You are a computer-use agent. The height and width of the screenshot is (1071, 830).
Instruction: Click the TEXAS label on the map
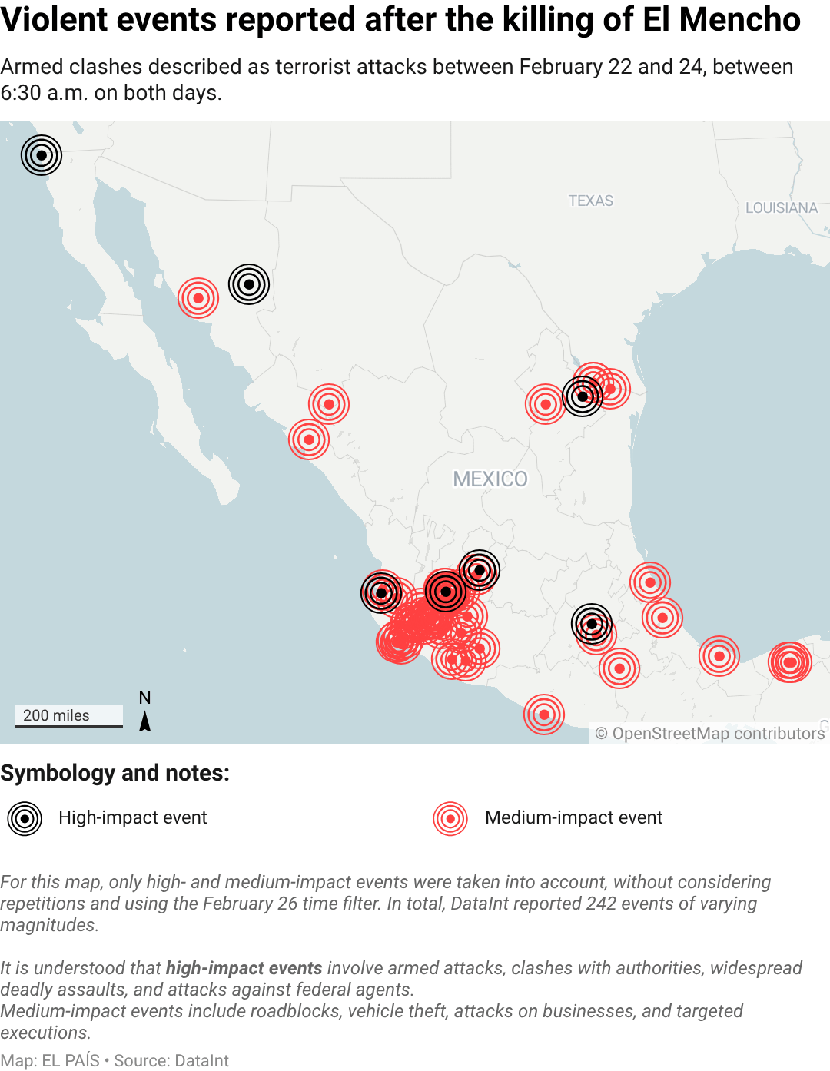tap(590, 201)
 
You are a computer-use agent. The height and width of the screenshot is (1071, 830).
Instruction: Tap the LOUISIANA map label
tap(781, 207)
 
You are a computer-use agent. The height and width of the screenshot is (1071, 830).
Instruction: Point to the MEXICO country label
tap(490, 479)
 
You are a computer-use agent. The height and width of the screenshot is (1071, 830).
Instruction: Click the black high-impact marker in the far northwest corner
tap(41, 155)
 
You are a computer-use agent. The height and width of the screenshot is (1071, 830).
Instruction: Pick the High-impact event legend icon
tap(25, 819)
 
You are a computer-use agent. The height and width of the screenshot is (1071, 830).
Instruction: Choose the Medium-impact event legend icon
tap(450, 819)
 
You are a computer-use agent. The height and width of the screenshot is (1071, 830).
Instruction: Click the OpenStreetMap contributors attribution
tap(709, 734)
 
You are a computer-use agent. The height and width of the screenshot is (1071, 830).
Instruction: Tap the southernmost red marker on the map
tap(544, 715)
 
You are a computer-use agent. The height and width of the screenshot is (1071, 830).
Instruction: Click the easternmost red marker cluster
tap(789, 662)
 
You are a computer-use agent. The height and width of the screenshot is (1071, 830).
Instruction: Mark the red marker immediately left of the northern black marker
tap(198, 298)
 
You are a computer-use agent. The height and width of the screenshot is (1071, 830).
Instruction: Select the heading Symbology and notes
tap(115, 773)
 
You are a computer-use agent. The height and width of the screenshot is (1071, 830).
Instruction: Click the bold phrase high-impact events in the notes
tap(244, 968)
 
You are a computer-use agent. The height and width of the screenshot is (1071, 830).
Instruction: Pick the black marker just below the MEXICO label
tap(480, 570)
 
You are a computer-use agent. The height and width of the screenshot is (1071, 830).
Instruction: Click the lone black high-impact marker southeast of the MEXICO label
tap(592, 624)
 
